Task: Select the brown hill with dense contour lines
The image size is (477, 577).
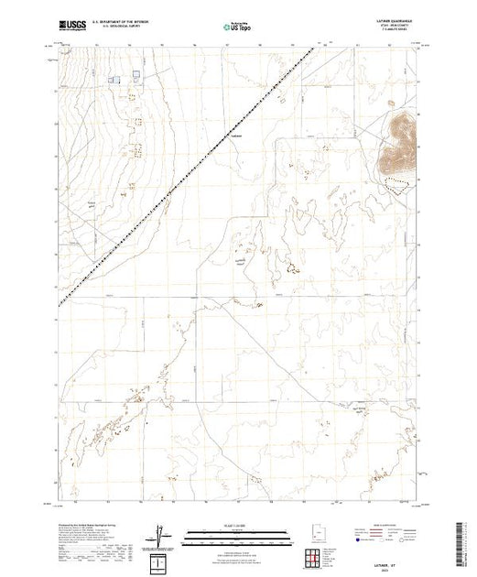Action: coord(399,142)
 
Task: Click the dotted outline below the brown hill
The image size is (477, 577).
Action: coord(396,183)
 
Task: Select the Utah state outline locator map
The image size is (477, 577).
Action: coord(315,532)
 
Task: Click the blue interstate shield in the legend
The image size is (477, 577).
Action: coord(355,539)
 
